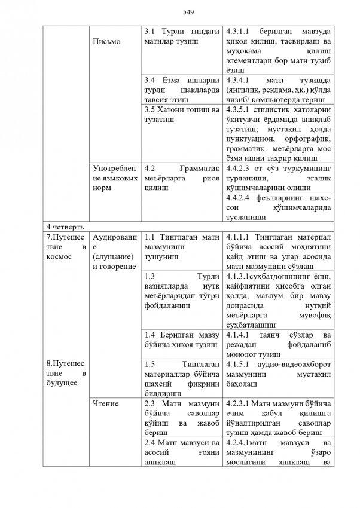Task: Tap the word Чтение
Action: (x=106, y=403)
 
